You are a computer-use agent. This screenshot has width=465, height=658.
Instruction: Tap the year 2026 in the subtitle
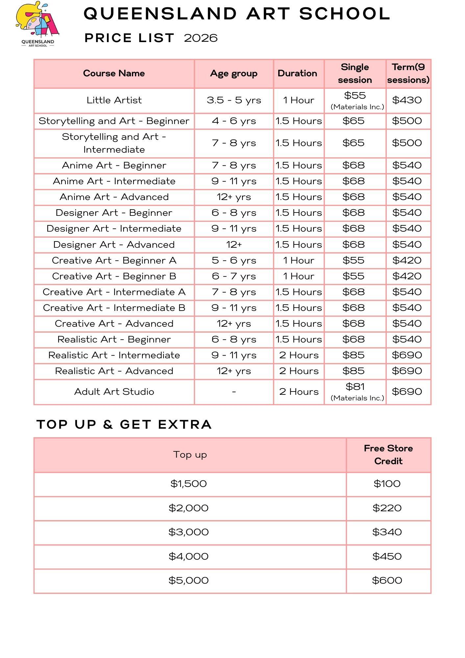[x=201, y=38]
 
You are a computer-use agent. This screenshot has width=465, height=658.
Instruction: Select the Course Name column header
[x=114, y=73]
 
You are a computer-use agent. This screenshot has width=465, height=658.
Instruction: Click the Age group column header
[x=233, y=73]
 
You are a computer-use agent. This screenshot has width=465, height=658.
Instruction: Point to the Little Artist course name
[x=114, y=100]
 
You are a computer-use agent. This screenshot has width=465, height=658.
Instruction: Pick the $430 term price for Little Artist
[x=407, y=100]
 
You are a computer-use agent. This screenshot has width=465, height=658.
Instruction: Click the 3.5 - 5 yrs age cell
[x=233, y=100]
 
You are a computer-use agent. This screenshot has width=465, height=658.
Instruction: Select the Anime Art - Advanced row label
[x=114, y=197]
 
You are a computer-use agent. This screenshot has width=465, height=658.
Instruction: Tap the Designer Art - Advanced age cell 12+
[x=233, y=244]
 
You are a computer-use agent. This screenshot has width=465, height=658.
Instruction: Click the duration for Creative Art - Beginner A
[x=299, y=260]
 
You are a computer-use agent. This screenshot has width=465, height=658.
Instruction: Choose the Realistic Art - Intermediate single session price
[x=354, y=355]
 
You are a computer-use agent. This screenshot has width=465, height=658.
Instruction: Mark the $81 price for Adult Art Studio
[x=355, y=387]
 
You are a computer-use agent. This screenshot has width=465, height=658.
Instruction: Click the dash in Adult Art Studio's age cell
[x=233, y=392]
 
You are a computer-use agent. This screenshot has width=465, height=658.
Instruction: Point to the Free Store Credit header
[x=388, y=455]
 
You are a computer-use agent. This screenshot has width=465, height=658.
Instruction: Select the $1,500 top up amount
[x=188, y=484]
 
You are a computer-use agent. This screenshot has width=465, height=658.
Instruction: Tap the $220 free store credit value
[x=387, y=508]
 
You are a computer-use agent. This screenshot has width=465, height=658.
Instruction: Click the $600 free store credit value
[x=387, y=580]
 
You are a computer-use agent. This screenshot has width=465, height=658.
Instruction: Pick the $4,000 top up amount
[x=188, y=556]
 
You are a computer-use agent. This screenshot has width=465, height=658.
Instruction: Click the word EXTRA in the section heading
[x=185, y=424]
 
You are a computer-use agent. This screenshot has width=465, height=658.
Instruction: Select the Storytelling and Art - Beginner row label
[x=114, y=121]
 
